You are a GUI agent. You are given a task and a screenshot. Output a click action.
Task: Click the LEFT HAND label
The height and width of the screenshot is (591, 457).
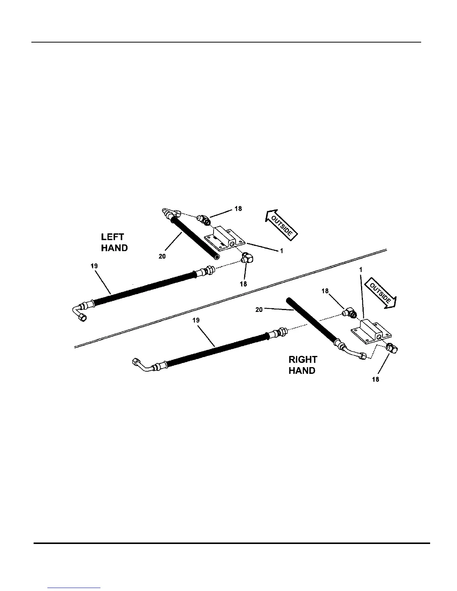(x=114, y=243)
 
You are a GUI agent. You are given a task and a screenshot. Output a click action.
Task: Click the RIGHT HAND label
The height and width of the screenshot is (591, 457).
(x=303, y=365)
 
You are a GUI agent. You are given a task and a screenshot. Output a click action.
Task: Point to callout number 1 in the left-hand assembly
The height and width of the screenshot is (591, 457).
(x=282, y=251)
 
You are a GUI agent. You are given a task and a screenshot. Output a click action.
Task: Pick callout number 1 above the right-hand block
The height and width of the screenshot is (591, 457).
(x=361, y=269)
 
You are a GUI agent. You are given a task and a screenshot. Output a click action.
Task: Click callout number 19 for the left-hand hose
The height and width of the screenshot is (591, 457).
(x=94, y=266)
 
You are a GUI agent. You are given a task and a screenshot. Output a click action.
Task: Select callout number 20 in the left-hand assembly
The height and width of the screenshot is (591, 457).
(x=162, y=256)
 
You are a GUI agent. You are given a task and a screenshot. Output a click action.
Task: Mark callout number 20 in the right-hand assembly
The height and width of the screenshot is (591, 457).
(x=259, y=309)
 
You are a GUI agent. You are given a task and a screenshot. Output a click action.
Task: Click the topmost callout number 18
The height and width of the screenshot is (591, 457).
(x=238, y=209)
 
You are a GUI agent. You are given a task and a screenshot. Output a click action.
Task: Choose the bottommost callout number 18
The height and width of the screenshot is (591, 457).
(x=376, y=379)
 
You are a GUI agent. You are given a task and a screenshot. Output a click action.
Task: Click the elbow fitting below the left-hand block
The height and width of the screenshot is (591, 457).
(x=246, y=258)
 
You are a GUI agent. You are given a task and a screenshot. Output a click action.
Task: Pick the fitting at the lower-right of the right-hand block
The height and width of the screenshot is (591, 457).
(x=392, y=348)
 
